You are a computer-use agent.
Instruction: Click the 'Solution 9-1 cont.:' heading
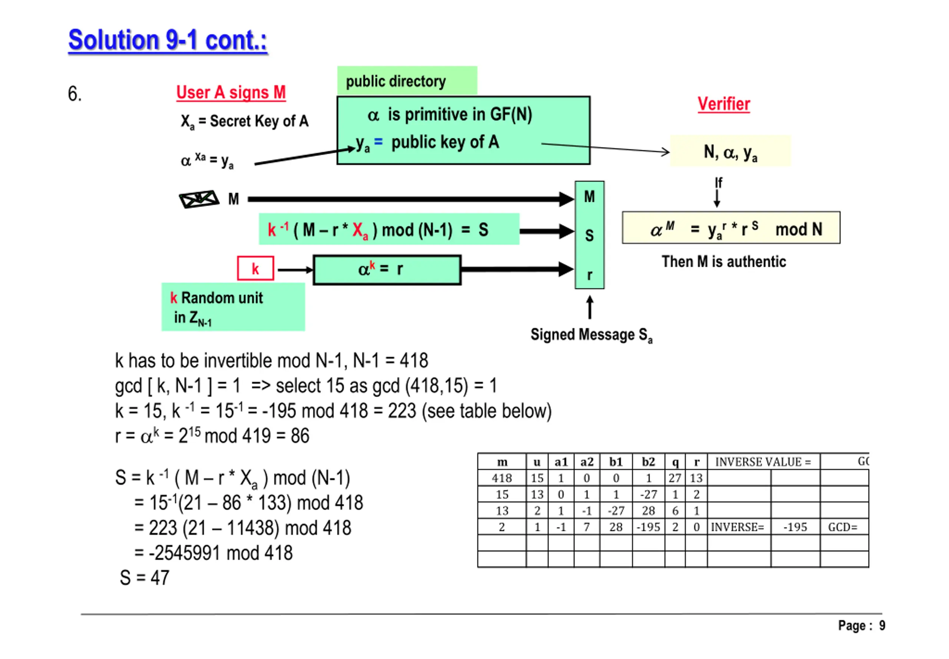[x=167, y=40]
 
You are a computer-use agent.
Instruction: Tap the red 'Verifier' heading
[x=723, y=104]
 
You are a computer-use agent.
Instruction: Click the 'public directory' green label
[x=395, y=81]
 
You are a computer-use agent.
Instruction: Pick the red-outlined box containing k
[x=255, y=269]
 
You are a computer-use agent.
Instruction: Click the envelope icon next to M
[x=199, y=199]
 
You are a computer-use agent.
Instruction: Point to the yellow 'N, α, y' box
[x=730, y=152]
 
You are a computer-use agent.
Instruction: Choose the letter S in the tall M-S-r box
[x=589, y=235]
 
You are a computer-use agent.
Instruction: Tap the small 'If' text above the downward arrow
[x=718, y=182]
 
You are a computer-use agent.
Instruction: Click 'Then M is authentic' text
[x=724, y=262]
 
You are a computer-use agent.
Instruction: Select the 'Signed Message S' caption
[x=591, y=335]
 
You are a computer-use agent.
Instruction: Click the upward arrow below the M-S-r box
[x=590, y=307]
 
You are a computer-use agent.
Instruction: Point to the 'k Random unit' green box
[x=233, y=307]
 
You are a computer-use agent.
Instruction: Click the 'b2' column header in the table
[x=648, y=461]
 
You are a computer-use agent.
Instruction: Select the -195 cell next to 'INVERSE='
[x=794, y=527]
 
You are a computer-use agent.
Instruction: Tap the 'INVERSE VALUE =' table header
[x=763, y=461]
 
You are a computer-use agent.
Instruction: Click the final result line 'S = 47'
[x=145, y=578]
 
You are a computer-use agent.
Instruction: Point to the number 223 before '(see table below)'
[x=401, y=411]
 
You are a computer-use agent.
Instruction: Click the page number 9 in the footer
[x=882, y=626]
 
